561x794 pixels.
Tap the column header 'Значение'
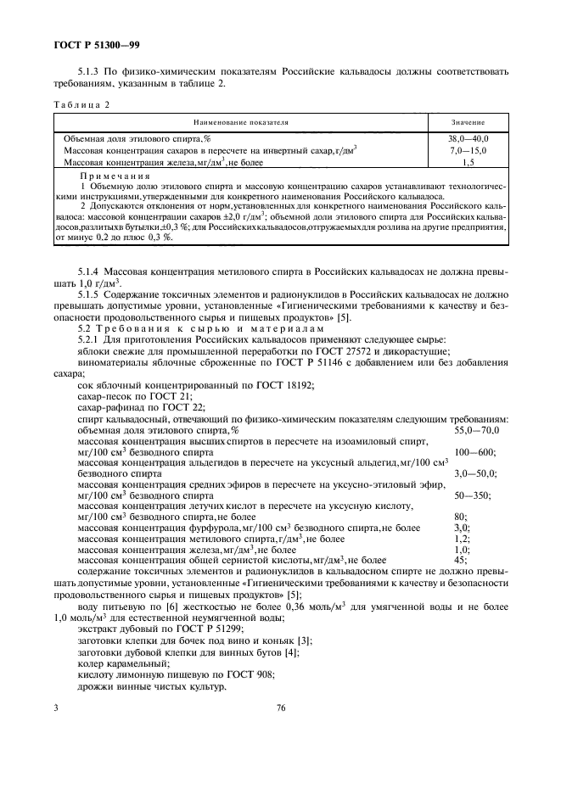(468, 123)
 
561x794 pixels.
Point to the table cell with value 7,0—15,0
(468, 150)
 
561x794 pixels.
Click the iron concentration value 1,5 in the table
(468, 161)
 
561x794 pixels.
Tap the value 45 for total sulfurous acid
(461, 560)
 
